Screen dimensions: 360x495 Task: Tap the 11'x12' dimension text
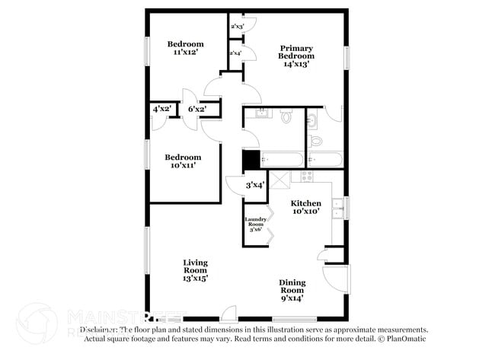[x=186, y=53]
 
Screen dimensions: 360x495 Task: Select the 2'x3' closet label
[x=236, y=27]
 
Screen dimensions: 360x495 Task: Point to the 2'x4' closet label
[x=235, y=53]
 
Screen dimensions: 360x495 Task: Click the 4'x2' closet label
[x=162, y=110]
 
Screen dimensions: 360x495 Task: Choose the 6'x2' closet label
[x=197, y=110]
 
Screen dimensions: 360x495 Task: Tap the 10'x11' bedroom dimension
[x=183, y=165]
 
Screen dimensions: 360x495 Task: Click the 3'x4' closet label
[x=254, y=185]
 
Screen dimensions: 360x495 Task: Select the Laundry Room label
[x=254, y=224]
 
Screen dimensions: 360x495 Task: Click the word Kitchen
[x=306, y=204]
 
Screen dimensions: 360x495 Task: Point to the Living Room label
[x=196, y=270]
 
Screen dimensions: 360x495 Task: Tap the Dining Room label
[x=292, y=290]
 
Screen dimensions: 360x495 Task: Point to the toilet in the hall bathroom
[x=286, y=116]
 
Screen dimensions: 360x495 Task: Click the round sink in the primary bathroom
[x=313, y=120]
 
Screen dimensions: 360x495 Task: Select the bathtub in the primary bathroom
[x=325, y=160]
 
